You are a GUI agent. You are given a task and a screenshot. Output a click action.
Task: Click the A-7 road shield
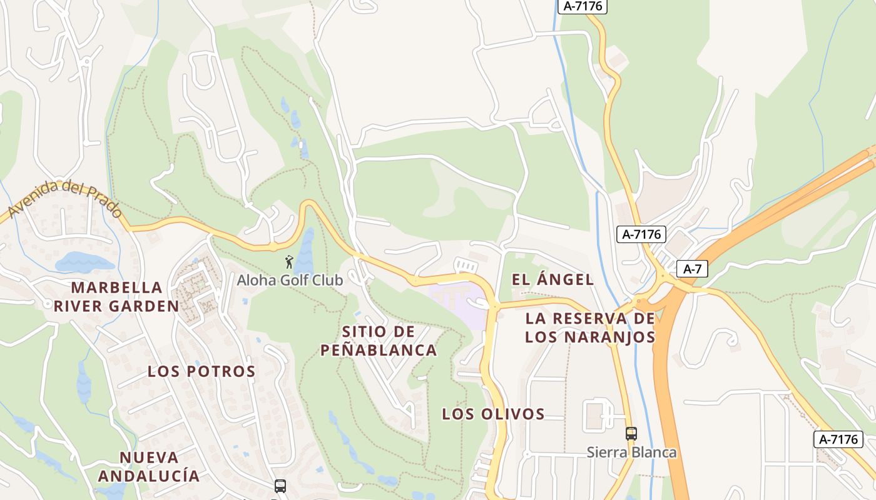pos(692,269)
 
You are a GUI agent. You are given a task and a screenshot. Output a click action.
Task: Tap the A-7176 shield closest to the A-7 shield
pos(641,234)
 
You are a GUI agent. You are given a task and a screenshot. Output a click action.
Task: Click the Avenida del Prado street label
pos(65,199)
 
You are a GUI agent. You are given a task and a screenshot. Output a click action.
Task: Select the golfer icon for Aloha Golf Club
pos(289,262)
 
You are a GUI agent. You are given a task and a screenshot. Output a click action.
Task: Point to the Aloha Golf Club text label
pos(290,280)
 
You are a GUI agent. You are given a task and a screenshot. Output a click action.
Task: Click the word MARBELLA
pos(117,287)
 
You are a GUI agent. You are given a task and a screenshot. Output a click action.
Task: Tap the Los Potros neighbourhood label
pos(201,371)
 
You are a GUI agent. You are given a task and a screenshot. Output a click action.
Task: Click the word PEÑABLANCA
pos(379,350)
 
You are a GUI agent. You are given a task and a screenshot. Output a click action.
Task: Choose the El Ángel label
pos(553,279)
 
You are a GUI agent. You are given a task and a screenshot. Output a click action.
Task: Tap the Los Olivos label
pos(493,414)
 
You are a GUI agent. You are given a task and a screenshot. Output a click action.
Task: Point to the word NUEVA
pos(149,457)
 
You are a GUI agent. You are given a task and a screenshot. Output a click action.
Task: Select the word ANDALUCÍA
pos(149,476)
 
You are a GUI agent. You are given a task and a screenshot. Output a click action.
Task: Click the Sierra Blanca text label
pos(631,452)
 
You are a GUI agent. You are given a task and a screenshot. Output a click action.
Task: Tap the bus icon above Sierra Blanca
pos(631,433)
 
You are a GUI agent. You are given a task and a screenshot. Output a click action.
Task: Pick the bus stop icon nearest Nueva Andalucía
pos(280,486)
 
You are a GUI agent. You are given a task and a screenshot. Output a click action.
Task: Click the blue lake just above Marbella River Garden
pos(84,262)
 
